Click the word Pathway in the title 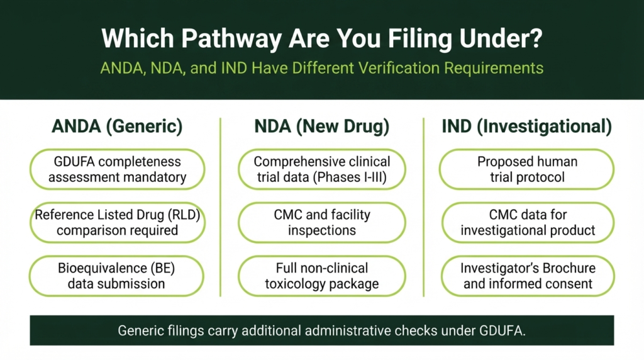(231, 38)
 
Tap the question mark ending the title (535, 38)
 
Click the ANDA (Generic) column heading (117, 126)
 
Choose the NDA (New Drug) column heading (321, 126)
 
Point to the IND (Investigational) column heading (527, 126)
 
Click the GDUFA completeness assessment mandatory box (118, 169)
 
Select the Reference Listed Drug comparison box (118, 222)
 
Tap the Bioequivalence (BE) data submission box (116, 276)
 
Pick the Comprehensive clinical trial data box (322, 169)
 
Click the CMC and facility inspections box (322, 222)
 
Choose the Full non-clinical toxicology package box (322, 276)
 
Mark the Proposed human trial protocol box (527, 169)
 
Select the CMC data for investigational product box (528, 222)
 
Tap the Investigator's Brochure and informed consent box (528, 276)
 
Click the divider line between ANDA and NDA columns (221, 207)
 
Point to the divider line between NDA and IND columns (423, 207)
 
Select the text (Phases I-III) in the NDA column (350, 177)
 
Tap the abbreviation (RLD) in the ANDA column (184, 215)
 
